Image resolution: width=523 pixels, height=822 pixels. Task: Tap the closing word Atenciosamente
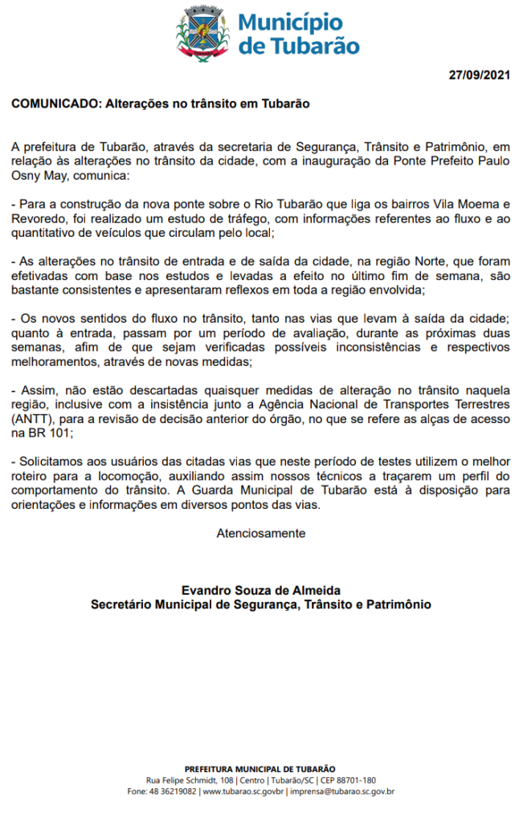click(x=261, y=532)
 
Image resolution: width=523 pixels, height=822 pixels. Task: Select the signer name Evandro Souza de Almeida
click(x=261, y=590)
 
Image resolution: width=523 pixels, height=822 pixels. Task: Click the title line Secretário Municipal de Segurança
click(x=261, y=604)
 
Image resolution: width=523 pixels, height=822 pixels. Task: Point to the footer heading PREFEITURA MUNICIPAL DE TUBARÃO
click(x=260, y=769)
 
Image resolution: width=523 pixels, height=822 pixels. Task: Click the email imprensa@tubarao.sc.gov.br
click(x=341, y=791)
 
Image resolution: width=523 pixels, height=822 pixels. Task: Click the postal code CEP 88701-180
click(x=346, y=779)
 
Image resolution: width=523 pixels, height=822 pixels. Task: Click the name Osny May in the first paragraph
click(x=39, y=174)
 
